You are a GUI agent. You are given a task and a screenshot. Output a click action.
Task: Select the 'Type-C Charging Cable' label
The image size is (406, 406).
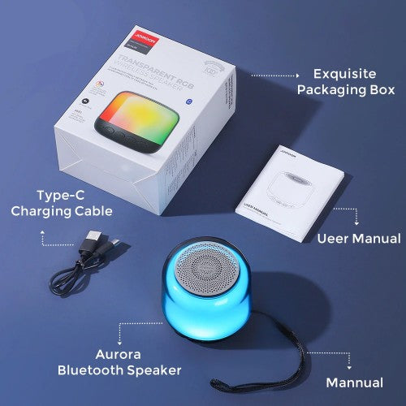62,203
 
